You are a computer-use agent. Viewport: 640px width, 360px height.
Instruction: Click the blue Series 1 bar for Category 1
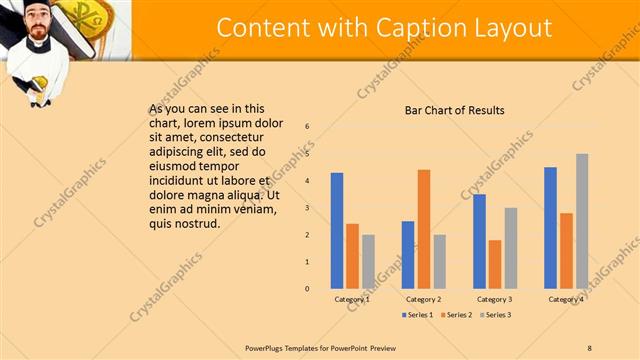[x=337, y=231]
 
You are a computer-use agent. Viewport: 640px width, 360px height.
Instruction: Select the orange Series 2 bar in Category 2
[x=424, y=229]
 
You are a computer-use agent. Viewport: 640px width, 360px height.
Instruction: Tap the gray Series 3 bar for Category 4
[x=582, y=221]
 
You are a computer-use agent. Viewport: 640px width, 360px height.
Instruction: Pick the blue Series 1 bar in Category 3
[x=479, y=241]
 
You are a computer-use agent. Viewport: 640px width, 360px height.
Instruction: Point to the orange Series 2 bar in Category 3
[x=495, y=264]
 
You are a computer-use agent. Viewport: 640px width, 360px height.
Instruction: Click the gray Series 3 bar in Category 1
[x=368, y=262]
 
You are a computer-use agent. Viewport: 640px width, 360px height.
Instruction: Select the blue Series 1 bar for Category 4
[x=550, y=228]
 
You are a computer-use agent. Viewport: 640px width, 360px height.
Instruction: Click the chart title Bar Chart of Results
[x=454, y=110]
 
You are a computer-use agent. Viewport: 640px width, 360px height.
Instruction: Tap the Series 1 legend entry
[x=417, y=315]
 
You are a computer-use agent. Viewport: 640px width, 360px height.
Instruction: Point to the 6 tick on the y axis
[x=307, y=126]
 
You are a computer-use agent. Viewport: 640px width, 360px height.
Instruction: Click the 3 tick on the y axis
[x=307, y=207]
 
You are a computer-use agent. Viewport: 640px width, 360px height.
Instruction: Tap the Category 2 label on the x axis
[x=423, y=299]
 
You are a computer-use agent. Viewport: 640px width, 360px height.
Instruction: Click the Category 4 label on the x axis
[x=566, y=299]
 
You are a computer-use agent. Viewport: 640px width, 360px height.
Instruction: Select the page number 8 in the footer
[x=589, y=347]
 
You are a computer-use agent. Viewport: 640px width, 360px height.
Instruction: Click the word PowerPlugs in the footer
[x=265, y=347]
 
